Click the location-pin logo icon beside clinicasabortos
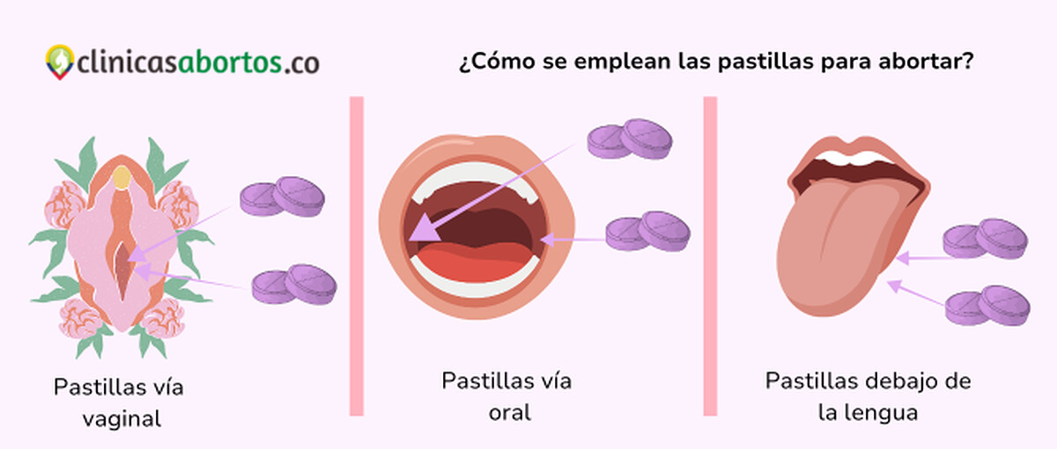(x=59, y=62)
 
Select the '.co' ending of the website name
(x=302, y=62)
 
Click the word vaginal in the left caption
(x=122, y=418)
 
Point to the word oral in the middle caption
(x=510, y=412)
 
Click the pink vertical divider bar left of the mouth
(x=357, y=255)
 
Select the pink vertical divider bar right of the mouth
(x=710, y=255)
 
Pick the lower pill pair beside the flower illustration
(x=294, y=283)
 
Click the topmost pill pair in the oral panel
(x=630, y=139)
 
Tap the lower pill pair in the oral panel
(x=648, y=231)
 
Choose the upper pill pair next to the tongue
(x=985, y=239)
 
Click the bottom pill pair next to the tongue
(x=987, y=305)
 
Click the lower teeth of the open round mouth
(x=477, y=282)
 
